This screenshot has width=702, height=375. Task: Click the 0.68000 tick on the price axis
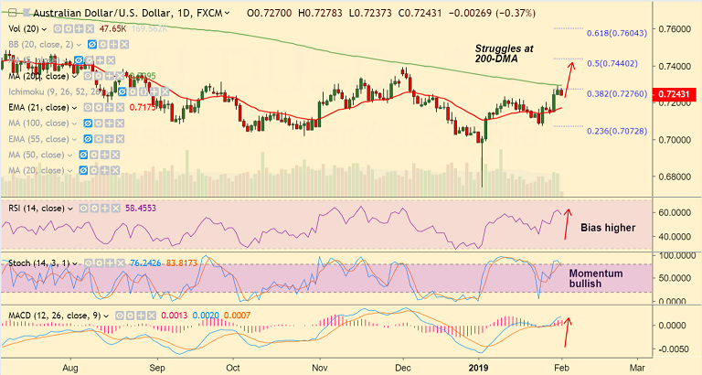click(x=675, y=177)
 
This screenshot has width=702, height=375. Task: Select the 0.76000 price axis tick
click(x=675, y=29)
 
